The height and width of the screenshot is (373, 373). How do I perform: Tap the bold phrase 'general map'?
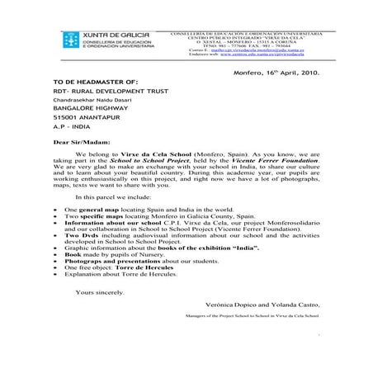[94, 211]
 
